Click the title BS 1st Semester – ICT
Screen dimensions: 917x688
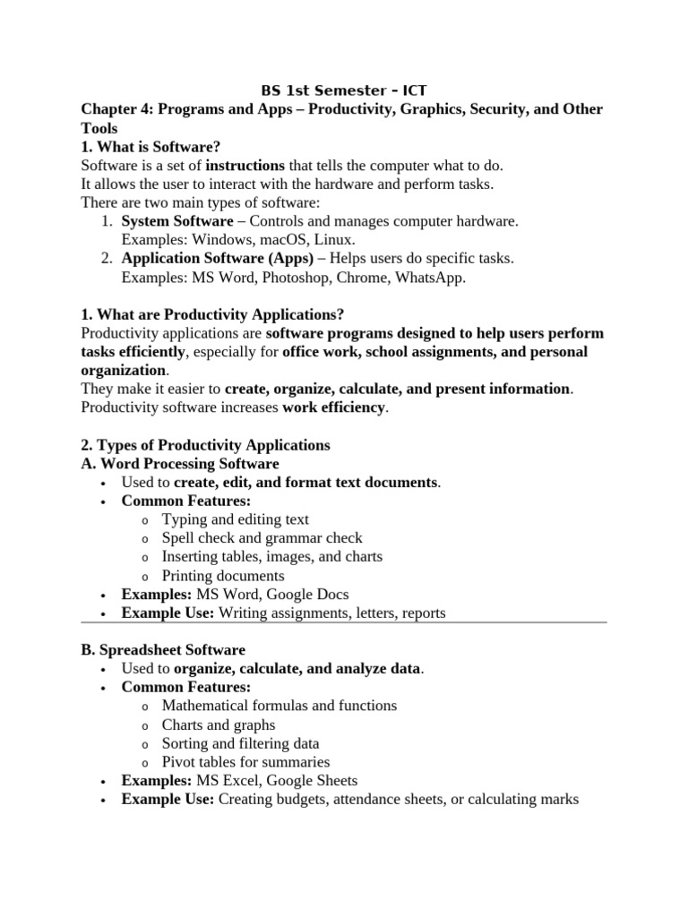tap(344, 90)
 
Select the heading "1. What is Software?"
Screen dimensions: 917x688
tap(150, 147)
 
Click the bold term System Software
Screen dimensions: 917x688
tap(177, 221)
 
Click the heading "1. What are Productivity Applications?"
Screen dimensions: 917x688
tap(212, 314)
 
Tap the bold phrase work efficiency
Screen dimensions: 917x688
tap(333, 407)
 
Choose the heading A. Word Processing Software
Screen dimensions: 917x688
tap(180, 464)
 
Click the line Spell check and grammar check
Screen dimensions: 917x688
tap(262, 538)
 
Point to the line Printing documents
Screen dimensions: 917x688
tap(223, 576)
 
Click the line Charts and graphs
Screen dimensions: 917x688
tap(219, 724)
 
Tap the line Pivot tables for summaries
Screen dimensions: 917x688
tap(245, 762)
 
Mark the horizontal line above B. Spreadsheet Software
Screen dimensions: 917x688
tap(344, 621)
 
